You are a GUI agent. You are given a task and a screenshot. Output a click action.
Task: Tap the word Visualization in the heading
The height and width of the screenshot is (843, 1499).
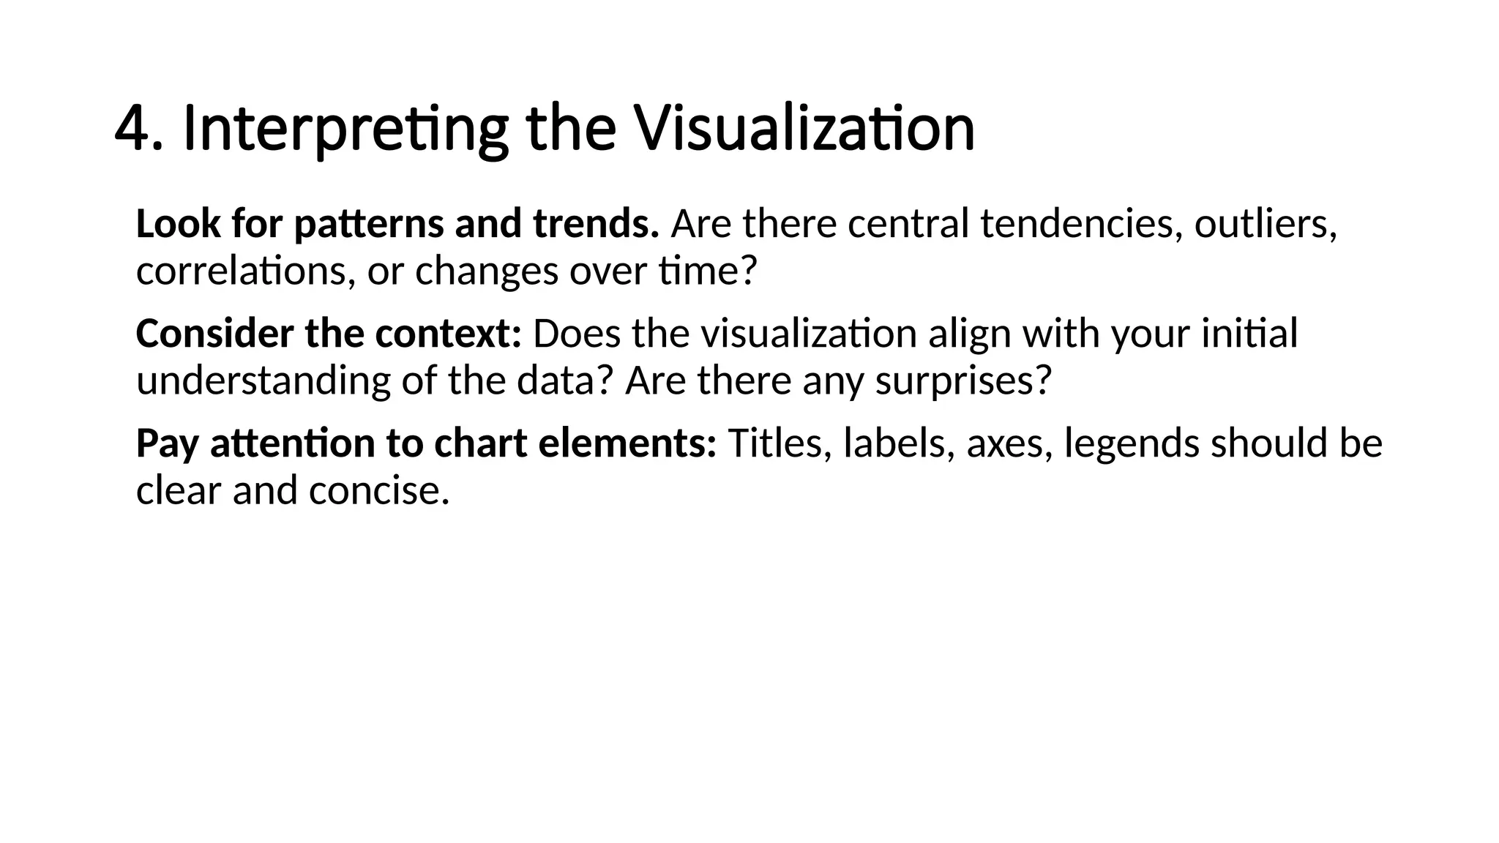tap(803, 129)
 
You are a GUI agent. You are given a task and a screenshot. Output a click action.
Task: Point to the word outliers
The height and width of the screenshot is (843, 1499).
tap(1264, 224)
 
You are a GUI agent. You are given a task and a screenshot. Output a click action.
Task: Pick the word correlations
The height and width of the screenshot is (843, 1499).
tap(246, 271)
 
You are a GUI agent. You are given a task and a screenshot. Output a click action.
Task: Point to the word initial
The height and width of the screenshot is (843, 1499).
tap(1249, 334)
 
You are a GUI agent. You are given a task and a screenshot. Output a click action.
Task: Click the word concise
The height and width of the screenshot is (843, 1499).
tap(378, 491)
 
